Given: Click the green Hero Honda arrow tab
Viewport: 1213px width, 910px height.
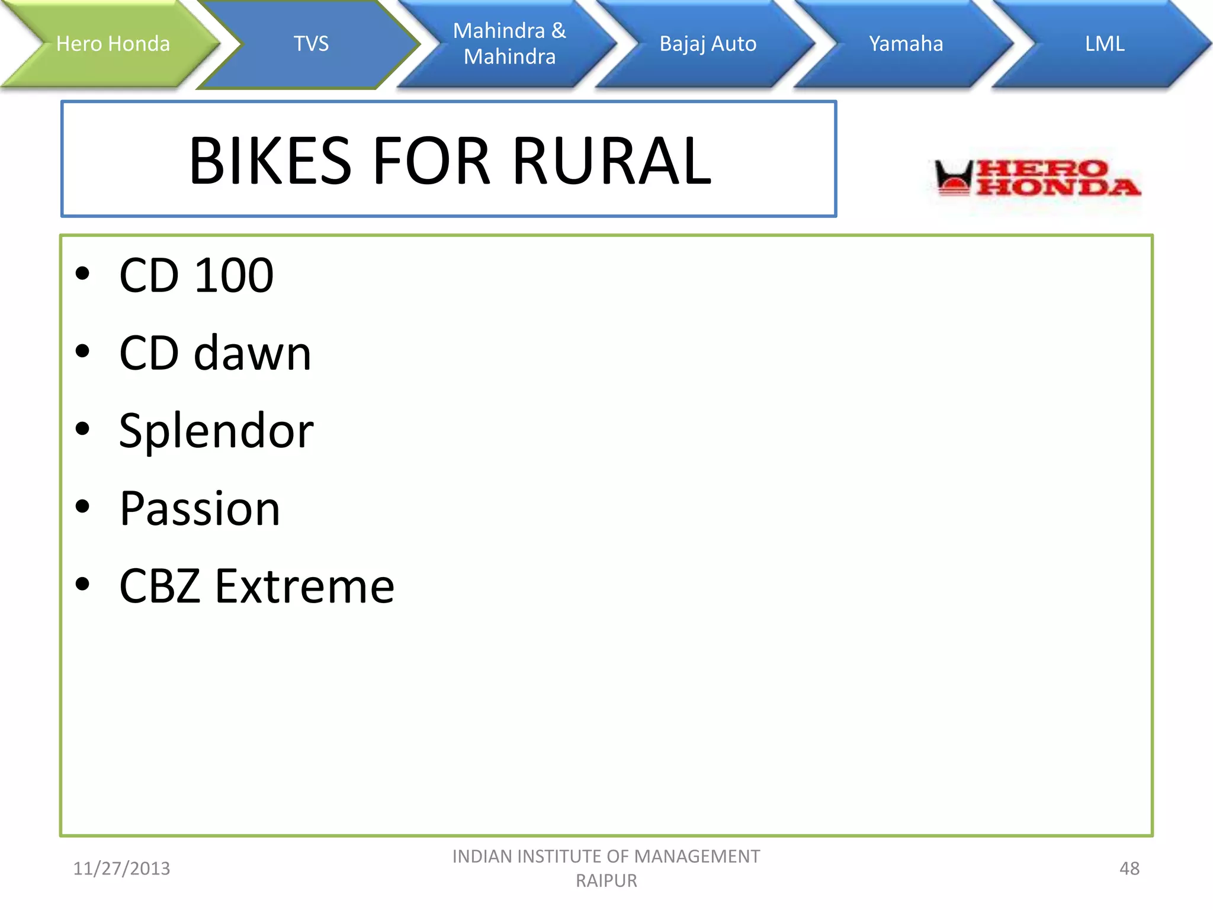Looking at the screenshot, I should point(113,44).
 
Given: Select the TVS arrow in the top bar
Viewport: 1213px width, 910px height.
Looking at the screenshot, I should point(311,44).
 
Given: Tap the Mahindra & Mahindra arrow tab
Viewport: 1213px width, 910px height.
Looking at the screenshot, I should point(509,44).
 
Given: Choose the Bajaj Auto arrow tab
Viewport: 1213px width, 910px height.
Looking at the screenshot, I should point(708,44).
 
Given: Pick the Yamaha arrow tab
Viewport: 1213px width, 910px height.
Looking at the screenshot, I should point(906,44).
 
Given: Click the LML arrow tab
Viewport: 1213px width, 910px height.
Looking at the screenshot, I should point(1104,44).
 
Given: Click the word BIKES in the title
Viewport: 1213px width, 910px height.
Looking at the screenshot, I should point(271,161).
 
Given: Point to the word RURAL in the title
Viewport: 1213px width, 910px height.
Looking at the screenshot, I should point(612,161).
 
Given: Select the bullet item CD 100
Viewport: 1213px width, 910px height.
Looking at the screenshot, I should point(196,275).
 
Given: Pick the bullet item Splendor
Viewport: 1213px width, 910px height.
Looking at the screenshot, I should point(216,431).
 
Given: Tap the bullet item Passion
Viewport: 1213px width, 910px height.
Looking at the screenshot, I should point(200,509).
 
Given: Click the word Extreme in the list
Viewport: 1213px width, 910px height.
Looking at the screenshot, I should point(304,587).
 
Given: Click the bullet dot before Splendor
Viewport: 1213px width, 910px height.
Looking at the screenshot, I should point(82,429).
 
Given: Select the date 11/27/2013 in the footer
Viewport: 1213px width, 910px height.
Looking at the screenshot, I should point(121,869).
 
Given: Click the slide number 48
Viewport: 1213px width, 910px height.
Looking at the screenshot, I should point(1129,869).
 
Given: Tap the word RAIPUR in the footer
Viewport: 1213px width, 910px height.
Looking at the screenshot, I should point(606,881).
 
